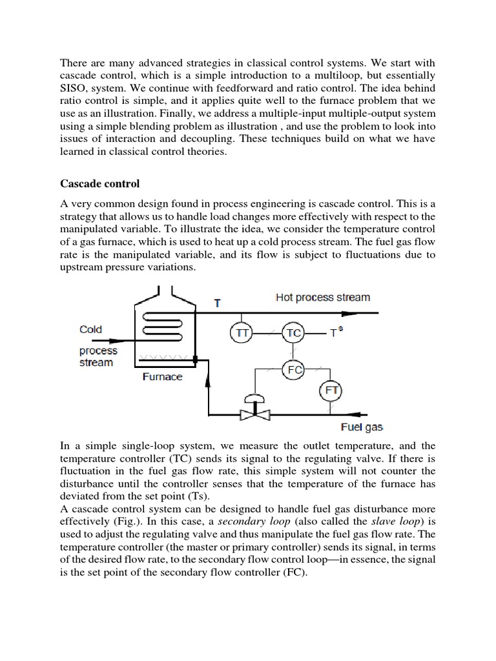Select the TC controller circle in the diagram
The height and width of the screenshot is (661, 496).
tap(293, 332)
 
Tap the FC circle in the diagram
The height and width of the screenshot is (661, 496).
tap(293, 370)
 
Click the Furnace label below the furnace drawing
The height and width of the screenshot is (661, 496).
tap(162, 377)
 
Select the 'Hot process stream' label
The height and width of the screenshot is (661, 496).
tap(322, 298)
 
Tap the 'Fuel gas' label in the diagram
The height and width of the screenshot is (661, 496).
tap(362, 427)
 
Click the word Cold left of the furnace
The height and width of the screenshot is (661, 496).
tap(90, 329)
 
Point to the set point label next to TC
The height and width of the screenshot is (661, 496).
tap(335, 332)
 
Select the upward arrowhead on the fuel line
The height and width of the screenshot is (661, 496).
tap(208, 381)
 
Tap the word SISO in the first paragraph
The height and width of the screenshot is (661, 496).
tap(76, 88)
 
